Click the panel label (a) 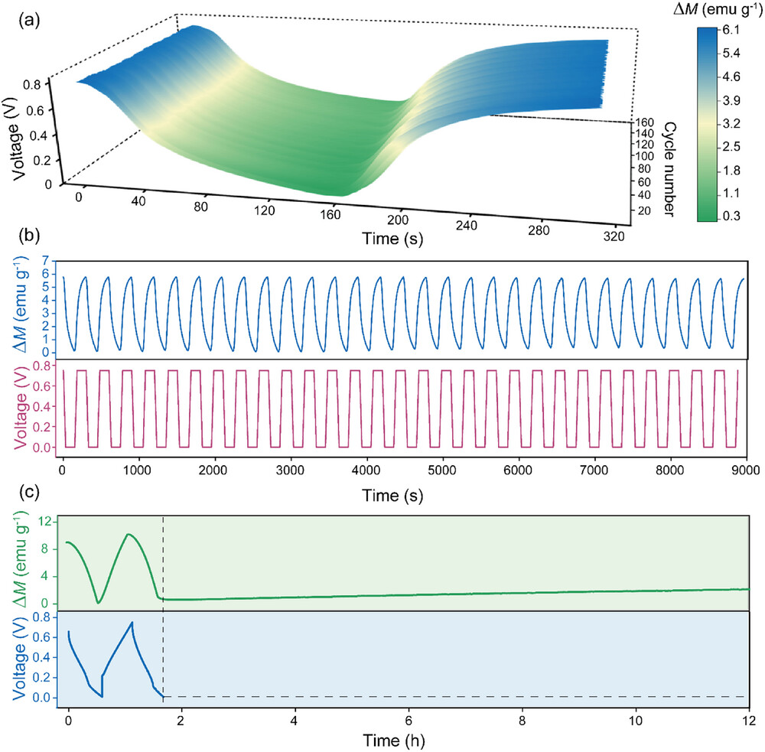click(x=29, y=21)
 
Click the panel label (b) click(x=29, y=236)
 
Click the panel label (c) click(x=29, y=492)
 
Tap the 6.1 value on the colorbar click(x=731, y=30)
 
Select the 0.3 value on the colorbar click(x=731, y=216)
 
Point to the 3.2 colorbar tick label click(x=731, y=123)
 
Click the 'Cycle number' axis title click(x=669, y=169)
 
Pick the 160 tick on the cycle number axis click(x=644, y=122)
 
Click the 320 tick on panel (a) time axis click(x=614, y=236)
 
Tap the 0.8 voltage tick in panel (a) click(x=31, y=85)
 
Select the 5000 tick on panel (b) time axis click(x=442, y=470)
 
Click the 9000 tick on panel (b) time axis click(x=745, y=470)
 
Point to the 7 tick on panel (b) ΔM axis click(x=46, y=260)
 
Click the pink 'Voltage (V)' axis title click(x=21, y=406)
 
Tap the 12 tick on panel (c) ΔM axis click(x=44, y=522)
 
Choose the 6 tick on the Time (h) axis click(x=409, y=721)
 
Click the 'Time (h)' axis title click(x=394, y=741)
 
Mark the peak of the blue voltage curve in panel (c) click(x=132, y=622)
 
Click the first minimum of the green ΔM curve click(x=98, y=603)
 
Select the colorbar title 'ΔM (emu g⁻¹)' click(x=718, y=10)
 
